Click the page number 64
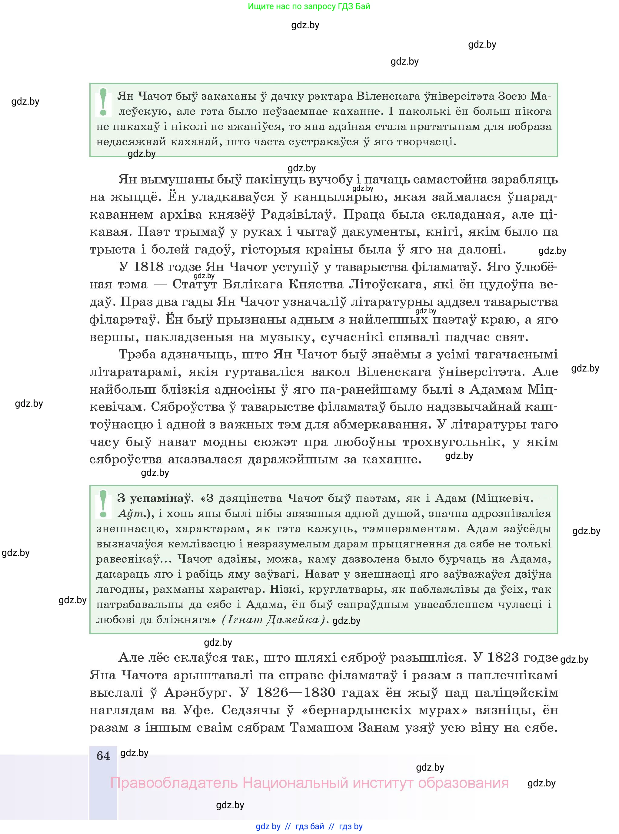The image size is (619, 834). pos(103,756)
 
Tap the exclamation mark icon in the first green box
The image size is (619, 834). pos(103,102)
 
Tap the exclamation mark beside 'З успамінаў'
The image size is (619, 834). pos(103,504)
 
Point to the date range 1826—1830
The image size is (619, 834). pos(296,692)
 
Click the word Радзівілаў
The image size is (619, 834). pos(296,214)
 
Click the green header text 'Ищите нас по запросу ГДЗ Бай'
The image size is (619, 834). pos(309,6)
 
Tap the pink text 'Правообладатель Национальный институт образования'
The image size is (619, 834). pos(309,783)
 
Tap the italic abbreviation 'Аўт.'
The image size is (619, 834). pos(131,514)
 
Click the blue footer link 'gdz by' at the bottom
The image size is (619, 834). pos(268,826)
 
